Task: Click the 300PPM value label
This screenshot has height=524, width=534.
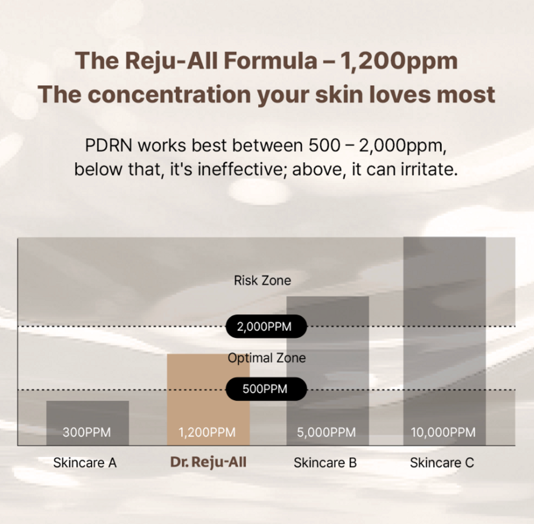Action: coord(87,433)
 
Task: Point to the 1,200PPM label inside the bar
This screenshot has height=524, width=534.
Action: coord(207,433)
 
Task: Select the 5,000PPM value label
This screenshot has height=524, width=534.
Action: coord(326,433)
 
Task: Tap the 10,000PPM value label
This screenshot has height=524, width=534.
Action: coord(443,433)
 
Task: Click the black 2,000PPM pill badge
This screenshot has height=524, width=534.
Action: coord(266,327)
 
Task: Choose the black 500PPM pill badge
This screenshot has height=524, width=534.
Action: coord(266,389)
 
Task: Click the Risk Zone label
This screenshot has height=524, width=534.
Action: coord(263,280)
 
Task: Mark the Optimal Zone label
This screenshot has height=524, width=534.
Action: coord(267,358)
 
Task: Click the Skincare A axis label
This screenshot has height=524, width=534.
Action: coord(85,463)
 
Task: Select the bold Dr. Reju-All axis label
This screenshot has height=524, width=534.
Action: coord(208,463)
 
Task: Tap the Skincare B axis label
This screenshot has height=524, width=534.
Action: coord(325,463)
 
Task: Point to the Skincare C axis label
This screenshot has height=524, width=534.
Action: coord(442,463)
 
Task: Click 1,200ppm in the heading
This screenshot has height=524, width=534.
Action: coord(398,61)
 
